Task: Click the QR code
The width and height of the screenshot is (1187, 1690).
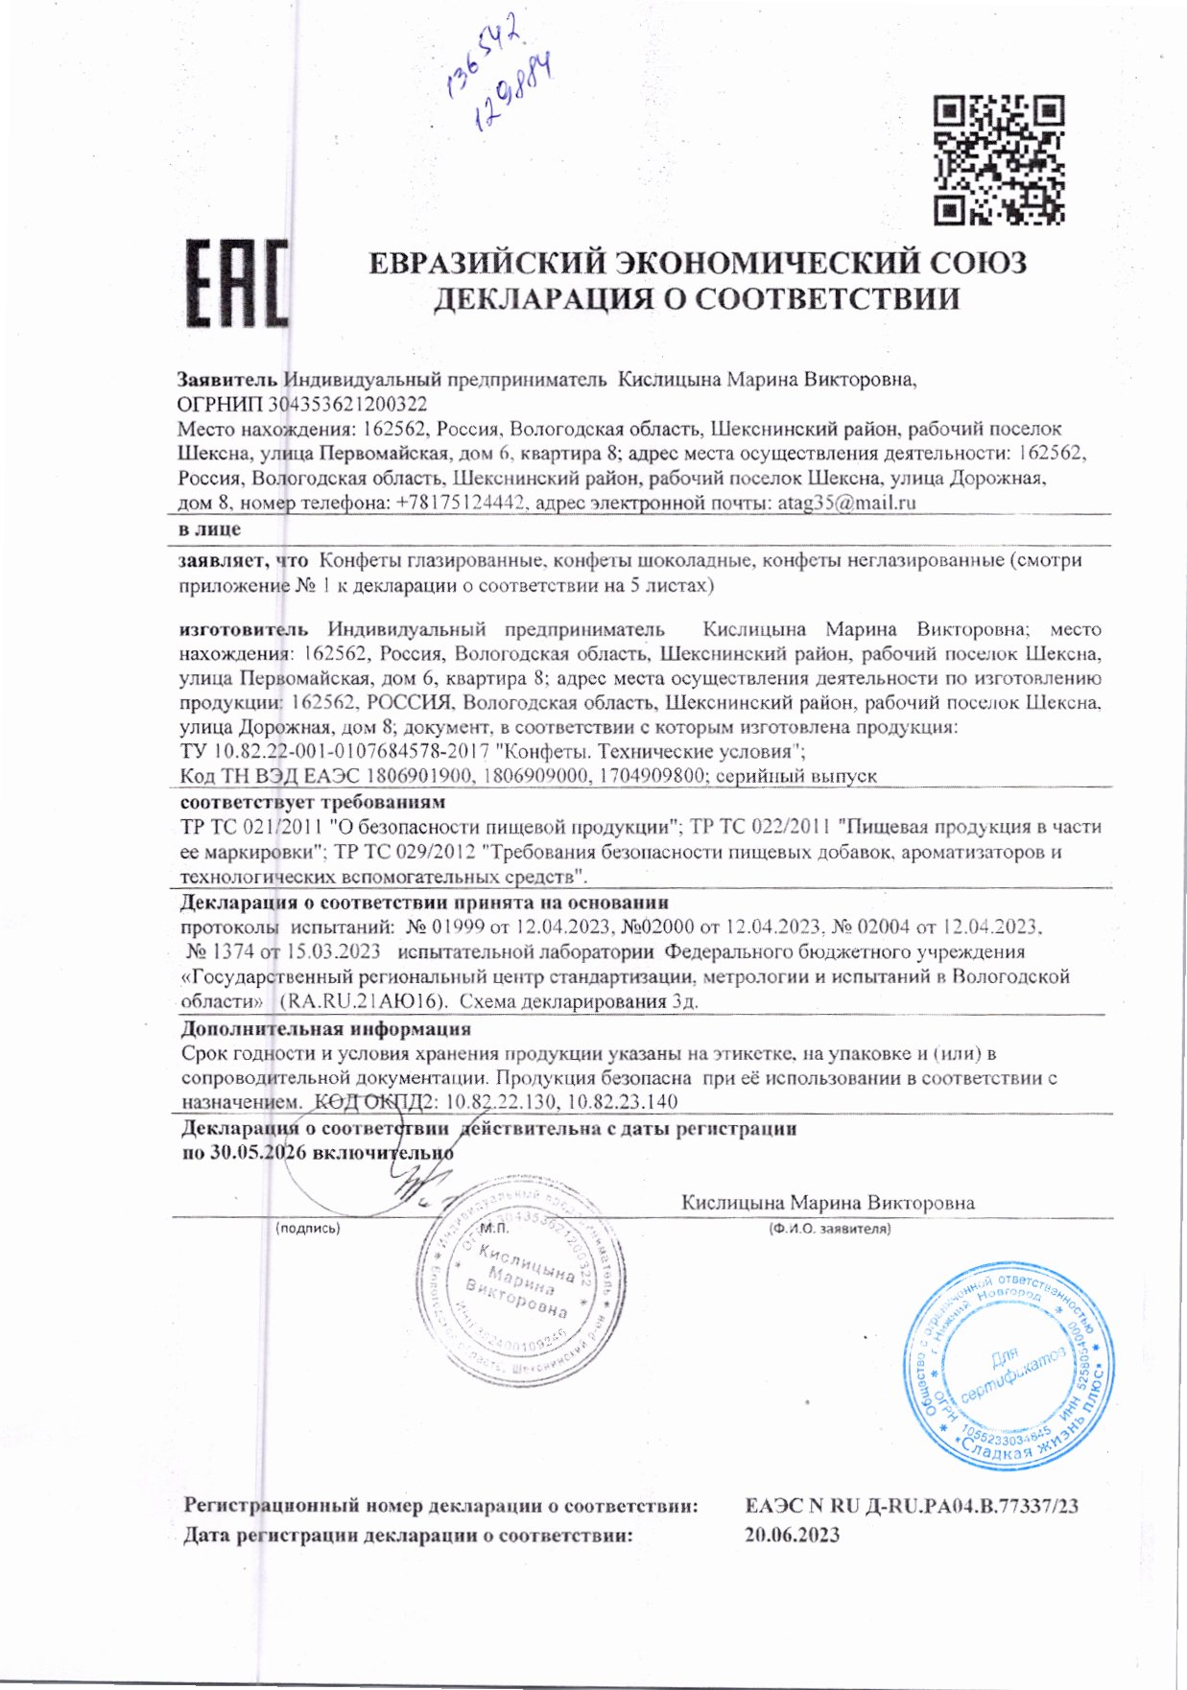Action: pyautogui.click(x=999, y=159)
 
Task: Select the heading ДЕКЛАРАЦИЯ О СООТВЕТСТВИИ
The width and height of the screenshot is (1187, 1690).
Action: pyautogui.click(x=696, y=299)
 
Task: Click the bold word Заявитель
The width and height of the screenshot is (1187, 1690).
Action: pyautogui.click(x=227, y=380)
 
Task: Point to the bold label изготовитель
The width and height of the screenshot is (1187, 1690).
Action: pyautogui.click(x=244, y=629)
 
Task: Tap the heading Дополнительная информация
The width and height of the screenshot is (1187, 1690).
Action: pyautogui.click(x=325, y=1029)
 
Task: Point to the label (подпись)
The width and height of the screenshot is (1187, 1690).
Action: pyautogui.click(x=307, y=1228)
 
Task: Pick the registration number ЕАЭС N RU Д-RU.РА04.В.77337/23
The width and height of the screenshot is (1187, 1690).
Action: pyautogui.click(x=911, y=1506)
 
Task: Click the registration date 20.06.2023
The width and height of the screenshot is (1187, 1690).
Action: pyautogui.click(x=792, y=1535)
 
